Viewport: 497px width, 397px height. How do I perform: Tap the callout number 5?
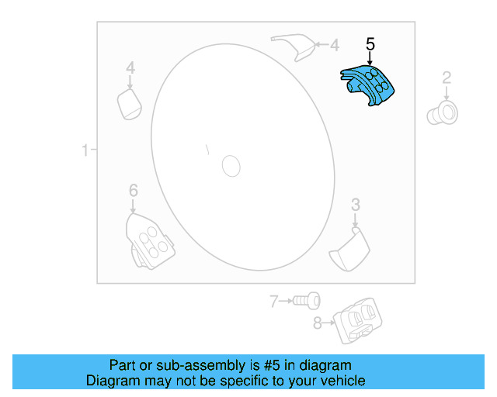[x=370, y=45]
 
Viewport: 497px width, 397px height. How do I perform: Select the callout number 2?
[x=447, y=77]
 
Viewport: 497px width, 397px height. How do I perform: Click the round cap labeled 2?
[x=442, y=113]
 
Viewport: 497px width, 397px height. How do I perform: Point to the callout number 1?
[x=85, y=150]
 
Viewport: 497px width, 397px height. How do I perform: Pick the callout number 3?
[x=356, y=205]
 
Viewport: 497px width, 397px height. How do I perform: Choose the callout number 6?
[x=133, y=190]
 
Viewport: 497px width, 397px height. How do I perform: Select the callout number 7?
[x=273, y=301]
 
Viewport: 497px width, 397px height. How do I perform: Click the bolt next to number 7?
[x=308, y=300]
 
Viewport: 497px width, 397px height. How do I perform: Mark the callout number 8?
[x=317, y=323]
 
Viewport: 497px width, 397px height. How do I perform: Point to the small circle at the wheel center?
[x=231, y=165]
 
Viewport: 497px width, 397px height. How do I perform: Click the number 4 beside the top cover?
[x=335, y=45]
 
